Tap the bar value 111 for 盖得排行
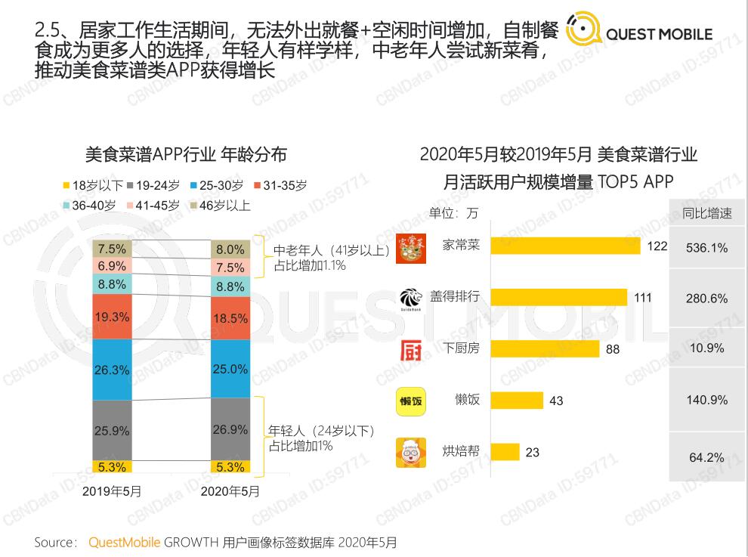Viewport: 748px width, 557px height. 642,298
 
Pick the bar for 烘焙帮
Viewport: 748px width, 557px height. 505,452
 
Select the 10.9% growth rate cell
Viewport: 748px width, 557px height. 706,348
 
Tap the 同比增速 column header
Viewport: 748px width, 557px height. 706,213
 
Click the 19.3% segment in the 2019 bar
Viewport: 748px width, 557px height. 112,317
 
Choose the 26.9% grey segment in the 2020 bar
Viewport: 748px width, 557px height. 230,429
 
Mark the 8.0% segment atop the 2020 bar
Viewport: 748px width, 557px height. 230,249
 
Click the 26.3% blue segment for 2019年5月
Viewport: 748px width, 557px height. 112,370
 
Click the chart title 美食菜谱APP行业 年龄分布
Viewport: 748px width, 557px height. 186,154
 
